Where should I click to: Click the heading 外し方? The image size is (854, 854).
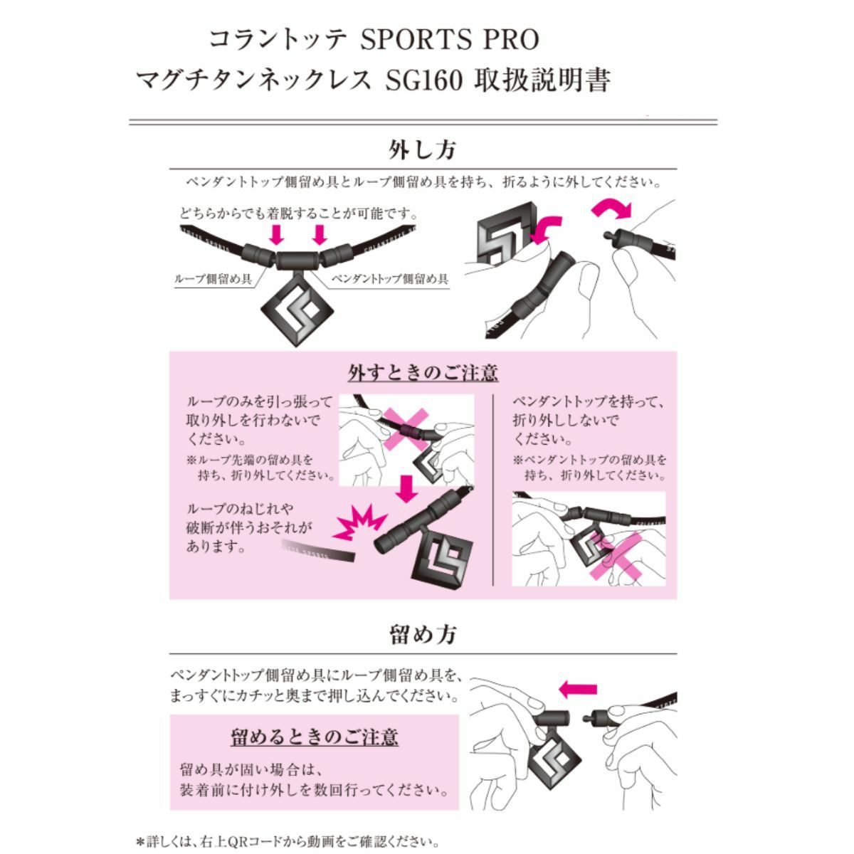[421, 149]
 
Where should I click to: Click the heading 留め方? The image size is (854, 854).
[422, 634]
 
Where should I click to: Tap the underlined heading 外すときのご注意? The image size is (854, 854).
[423, 372]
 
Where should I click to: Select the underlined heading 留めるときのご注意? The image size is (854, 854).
[315, 737]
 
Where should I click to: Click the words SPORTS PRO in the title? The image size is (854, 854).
[449, 40]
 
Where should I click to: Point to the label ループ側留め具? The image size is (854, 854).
[213, 279]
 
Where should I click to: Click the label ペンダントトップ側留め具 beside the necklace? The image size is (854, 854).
[389, 279]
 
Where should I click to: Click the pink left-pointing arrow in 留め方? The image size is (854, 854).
[578, 690]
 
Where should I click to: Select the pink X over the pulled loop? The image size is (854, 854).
[406, 429]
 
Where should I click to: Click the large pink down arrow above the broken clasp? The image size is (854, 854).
[406, 488]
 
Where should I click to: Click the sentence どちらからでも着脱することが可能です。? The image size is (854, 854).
[299, 213]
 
